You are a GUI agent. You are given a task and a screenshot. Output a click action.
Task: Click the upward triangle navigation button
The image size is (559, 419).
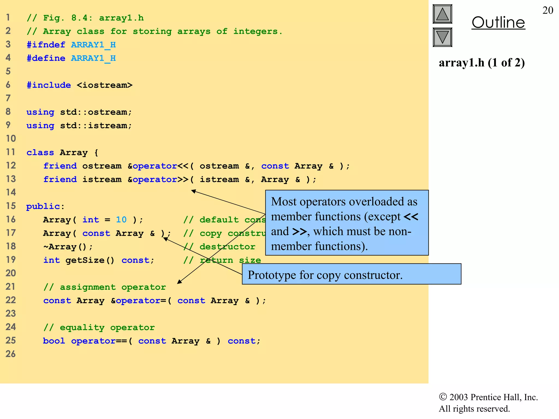click(x=442, y=14)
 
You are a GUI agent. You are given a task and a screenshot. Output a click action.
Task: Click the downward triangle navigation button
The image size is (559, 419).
click(x=442, y=37)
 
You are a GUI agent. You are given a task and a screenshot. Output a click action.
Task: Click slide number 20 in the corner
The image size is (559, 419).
click(x=548, y=10)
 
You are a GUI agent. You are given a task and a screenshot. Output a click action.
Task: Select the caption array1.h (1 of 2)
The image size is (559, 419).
click(x=481, y=63)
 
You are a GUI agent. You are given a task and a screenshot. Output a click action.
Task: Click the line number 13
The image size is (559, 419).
click(x=11, y=179)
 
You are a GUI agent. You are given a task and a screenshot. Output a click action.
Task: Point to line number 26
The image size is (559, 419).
click(x=11, y=354)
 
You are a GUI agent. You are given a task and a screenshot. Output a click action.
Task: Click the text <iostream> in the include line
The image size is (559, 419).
click(x=105, y=85)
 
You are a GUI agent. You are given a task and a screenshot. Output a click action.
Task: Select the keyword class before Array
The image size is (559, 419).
click(x=40, y=152)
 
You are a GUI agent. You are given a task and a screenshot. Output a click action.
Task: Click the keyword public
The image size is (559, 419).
click(x=43, y=206)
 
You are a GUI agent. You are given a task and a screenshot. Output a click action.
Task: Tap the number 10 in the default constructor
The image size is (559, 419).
click(x=121, y=220)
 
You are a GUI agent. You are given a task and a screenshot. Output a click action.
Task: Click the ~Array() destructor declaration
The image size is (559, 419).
click(x=68, y=247)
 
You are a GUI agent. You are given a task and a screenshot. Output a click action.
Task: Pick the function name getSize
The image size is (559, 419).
click(x=85, y=260)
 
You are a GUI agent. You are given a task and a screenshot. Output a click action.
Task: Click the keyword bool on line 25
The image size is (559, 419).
click(x=54, y=341)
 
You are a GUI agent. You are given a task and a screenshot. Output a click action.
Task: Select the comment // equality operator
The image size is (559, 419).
click(x=99, y=327)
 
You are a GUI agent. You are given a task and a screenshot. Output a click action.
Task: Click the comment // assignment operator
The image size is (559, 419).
click(x=105, y=287)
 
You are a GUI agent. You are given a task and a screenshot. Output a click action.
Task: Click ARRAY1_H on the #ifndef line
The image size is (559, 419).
click(x=93, y=45)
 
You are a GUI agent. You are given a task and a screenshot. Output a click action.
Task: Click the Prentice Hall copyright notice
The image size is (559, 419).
click(x=488, y=403)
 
